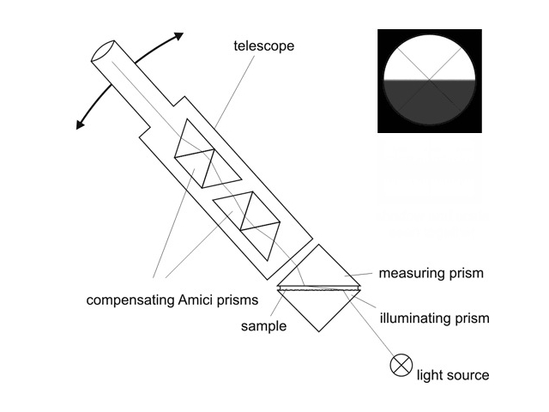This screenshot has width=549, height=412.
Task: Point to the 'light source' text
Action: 452,375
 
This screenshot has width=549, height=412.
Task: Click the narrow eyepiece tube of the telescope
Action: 129,82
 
